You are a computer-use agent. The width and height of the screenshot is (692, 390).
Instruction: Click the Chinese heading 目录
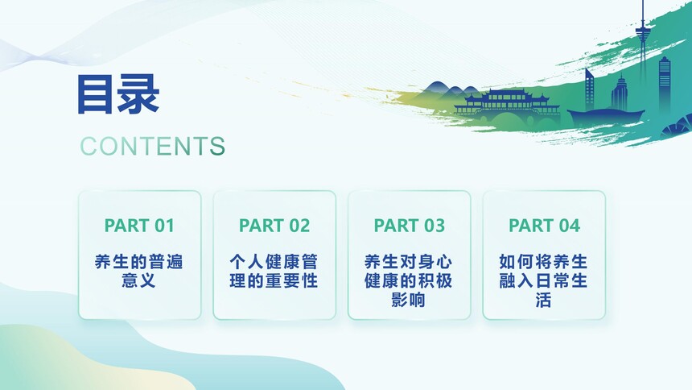[x=118, y=94]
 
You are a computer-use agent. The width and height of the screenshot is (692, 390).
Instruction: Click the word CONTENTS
[x=152, y=146]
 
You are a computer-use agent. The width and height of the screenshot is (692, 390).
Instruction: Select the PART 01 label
[x=139, y=226]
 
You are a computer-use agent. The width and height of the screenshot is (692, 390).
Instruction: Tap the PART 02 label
[x=274, y=226]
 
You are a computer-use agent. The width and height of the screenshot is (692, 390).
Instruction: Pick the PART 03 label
[x=409, y=226]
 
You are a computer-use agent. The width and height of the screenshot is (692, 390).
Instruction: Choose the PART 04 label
[x=544, y=226]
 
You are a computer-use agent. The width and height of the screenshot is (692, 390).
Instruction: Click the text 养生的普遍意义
[x=139, y=271]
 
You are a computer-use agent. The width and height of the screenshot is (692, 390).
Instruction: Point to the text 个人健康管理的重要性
[x=274, y=271]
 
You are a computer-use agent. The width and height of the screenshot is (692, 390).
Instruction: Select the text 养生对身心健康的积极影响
[x=409, y=280]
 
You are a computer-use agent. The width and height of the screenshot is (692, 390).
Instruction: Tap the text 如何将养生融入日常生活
[x=544, y=280]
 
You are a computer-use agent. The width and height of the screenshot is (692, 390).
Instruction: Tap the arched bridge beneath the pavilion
[x=508, y=118]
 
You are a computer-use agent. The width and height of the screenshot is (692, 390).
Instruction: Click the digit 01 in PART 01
[x=164, y=226]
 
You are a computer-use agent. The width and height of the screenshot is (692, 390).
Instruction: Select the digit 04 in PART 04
[x=570, y=226]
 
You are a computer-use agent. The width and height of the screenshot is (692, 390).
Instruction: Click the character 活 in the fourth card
[x=544, y=301]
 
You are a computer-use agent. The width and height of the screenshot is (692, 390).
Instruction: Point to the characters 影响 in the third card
[x=409, y=301]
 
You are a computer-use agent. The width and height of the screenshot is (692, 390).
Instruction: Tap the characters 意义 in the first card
[x=139, y=280]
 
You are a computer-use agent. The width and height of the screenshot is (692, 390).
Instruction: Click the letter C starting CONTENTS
[x=89, y=146]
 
